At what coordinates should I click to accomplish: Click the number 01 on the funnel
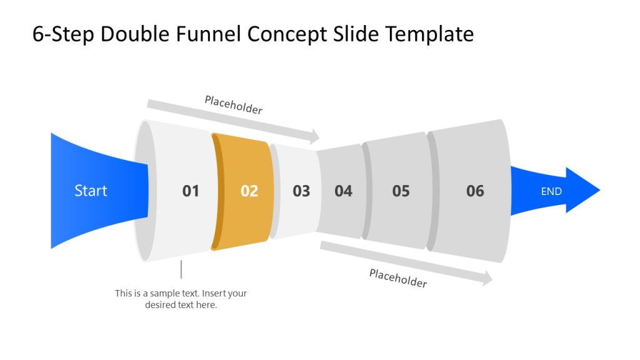[x=191, y=191]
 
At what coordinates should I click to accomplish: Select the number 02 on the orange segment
[x=249, y=191]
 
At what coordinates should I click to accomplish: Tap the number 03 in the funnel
[x=301, y=191]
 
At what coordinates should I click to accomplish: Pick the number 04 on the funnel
[x=343, y=191]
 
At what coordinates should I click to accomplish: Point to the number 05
[x=401, y=191]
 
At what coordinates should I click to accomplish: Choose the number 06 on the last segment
[x=475, y=191]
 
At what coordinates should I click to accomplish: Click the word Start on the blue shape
[x=91, y=191]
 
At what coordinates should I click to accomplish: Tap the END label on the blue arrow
[x=551, y=191]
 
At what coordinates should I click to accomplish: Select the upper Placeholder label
[x=234, y=105]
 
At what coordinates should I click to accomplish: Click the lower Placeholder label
[x=398, y=278]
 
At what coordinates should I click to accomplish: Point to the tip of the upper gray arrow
[x=319, y=136]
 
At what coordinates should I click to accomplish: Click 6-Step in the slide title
[x=63, y=34]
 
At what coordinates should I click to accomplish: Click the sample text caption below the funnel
[x=181, y=299]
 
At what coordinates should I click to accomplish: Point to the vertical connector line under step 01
[x=181, y=269]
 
